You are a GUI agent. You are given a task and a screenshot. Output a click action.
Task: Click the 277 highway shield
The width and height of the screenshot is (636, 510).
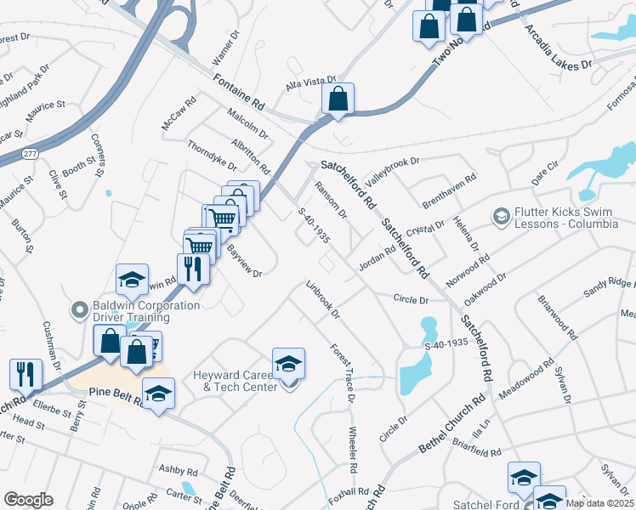pos(30,154)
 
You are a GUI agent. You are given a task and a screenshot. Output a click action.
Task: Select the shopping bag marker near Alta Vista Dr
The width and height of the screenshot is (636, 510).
pos(338,99)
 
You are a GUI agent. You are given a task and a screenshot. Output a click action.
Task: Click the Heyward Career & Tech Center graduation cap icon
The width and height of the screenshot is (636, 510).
pos(288,364)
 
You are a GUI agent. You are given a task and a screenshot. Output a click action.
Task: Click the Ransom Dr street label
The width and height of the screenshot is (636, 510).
pos(331,200)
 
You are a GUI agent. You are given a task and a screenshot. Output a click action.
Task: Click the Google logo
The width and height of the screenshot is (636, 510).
pos(28,499)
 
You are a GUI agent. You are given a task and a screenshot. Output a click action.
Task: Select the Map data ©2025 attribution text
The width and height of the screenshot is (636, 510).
pos(599,502)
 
